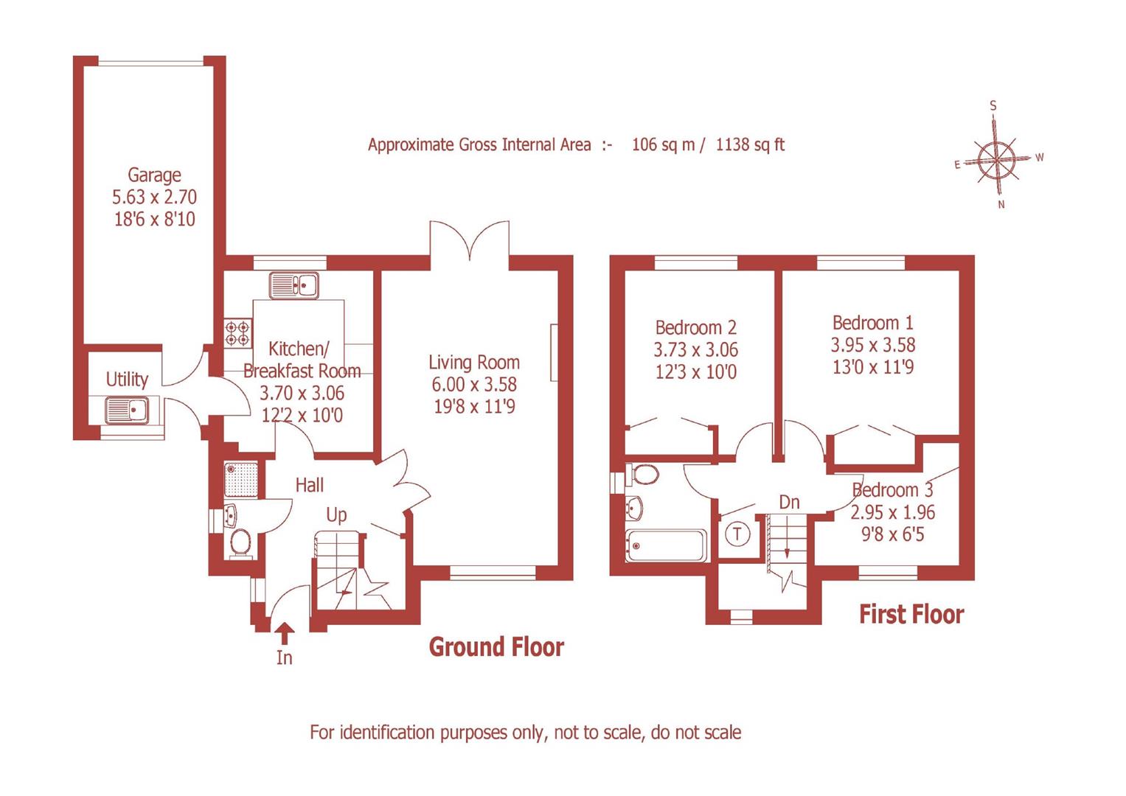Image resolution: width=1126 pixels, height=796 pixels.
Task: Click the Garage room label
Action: click(154, 175)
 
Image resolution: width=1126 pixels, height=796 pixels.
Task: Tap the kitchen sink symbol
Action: click(293, 285)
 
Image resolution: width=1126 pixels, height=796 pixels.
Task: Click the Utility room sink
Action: click(126, 410)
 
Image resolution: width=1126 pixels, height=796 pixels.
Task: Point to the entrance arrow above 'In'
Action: click(285, 632)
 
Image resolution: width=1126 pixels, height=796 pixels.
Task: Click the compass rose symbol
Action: click(997, 158)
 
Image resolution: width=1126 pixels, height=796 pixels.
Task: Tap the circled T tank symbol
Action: click(737, 534)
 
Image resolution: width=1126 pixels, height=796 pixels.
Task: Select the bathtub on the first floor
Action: click(665, 545)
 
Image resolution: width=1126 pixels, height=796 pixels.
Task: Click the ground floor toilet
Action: click(240, 543)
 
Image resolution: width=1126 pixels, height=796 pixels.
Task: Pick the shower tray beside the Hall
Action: click(241, 479)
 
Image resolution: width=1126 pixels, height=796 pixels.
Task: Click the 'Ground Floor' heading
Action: click(496, 647)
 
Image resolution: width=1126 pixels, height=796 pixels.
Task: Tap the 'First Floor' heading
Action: click(911, 615)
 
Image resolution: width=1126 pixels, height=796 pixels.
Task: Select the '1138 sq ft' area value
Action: click(750, 144)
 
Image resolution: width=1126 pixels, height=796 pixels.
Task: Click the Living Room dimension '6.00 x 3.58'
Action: click(474, 384)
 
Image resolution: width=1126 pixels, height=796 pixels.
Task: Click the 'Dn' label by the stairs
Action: click(789, 503)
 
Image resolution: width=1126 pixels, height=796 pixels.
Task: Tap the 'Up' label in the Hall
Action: click(336, 514)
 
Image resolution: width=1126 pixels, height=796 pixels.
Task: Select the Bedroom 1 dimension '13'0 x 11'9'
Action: click(873, 366)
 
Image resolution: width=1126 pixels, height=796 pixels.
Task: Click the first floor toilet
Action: click(643, 475)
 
